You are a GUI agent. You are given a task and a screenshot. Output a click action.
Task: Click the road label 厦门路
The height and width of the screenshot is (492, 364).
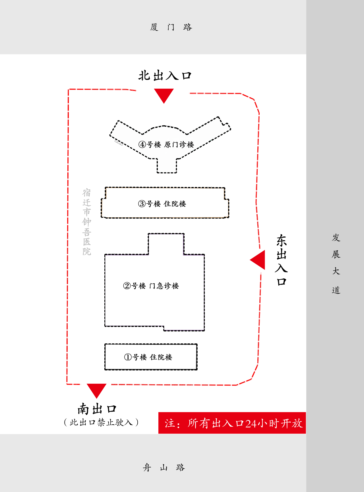coord(171,27)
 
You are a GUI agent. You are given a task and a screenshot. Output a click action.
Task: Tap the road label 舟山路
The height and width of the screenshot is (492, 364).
coord(164,467)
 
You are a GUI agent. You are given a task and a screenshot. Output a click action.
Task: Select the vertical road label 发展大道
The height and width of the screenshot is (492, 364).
coord(336,263)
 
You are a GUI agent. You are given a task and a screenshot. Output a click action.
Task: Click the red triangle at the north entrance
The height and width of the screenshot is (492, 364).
coord(164,95)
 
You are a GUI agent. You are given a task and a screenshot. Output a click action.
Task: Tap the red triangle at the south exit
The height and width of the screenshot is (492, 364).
coord(96,390)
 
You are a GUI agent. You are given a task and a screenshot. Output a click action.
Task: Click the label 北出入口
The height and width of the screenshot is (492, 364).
coord(165,76)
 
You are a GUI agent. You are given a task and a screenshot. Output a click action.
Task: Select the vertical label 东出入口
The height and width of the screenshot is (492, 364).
coord(281,260)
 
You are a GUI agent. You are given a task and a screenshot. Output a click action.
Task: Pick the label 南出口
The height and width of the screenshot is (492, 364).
coord(97,409)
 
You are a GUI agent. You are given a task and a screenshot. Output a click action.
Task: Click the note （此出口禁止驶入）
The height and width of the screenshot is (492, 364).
coord(101,422)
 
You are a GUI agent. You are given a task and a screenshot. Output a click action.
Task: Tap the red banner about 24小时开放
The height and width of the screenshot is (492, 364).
coord(232,423)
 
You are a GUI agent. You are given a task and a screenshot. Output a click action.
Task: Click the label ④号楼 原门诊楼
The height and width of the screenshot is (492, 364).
coord(166,145)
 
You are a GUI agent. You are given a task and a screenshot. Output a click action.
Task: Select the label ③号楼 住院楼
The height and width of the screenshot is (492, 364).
coord(162,204)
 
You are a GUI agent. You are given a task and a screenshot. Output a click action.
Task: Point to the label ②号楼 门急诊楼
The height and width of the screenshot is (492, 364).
coord(151,286)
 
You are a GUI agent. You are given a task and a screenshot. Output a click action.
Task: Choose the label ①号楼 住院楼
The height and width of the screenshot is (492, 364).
coord(148,357)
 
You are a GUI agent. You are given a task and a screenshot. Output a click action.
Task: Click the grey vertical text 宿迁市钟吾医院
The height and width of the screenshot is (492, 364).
coord(87,222)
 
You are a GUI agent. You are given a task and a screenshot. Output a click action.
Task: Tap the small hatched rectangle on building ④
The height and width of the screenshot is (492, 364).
coord(119,143)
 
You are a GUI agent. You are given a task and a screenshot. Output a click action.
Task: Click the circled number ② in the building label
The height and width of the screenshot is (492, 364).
coord(127,286)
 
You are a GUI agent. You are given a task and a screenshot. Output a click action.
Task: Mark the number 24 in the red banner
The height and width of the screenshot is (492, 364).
coord(251,424)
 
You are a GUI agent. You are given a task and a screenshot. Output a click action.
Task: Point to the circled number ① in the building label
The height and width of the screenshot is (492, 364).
coord(128,357)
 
